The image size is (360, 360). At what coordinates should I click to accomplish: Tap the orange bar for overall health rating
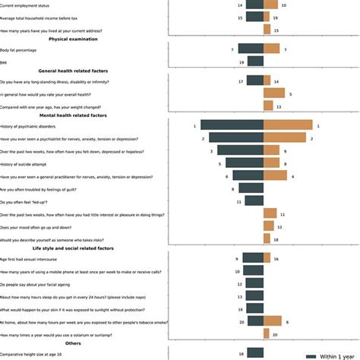pos(274,93)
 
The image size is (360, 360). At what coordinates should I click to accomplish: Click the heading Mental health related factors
pos(78,115)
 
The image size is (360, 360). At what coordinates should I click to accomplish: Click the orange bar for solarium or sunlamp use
pos(267,334)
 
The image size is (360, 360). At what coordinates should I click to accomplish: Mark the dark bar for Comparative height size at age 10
pos(255,353)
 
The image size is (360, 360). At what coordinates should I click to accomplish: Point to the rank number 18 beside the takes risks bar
pos(276,239)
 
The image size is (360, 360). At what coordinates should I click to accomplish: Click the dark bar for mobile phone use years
pos(254,271)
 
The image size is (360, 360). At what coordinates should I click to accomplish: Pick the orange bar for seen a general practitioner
pos(275,176)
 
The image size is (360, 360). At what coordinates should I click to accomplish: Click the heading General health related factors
pos(78,70)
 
